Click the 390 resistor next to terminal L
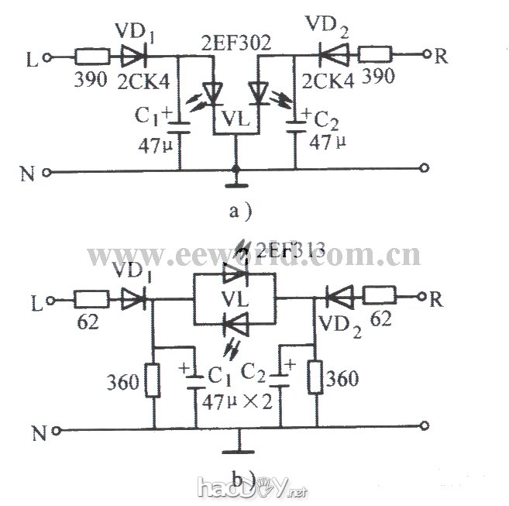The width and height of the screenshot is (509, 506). coord(91,57)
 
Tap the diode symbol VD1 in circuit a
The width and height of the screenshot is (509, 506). coord(132,57)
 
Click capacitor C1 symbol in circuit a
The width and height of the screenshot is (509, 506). coord(180,122)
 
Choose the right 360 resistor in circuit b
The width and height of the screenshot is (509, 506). coord(315,380)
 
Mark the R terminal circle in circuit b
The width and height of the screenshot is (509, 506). coord(425,295)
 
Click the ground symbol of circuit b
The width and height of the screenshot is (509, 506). coord(236,446)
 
